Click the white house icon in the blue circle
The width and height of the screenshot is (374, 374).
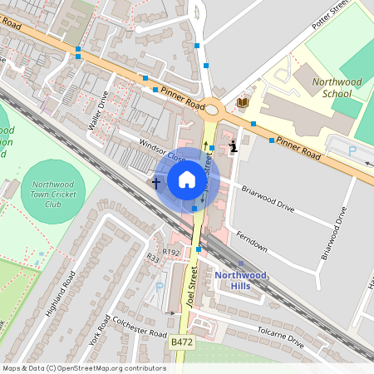187,180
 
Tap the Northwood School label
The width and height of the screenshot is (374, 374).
337,87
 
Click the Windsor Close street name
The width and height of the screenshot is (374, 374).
163,150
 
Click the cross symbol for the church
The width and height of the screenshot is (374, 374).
155,181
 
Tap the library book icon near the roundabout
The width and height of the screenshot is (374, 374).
243,101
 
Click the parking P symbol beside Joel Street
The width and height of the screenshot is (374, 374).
160,287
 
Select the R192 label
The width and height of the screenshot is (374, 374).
170,252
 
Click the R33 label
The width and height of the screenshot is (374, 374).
153,258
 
